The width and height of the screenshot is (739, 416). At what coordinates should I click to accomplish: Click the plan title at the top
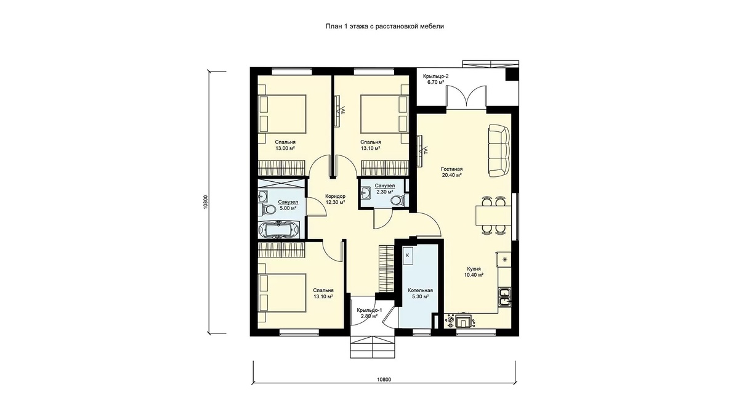(x=385, y=27)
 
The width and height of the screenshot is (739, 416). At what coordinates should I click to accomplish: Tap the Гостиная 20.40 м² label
(x=451, y=172)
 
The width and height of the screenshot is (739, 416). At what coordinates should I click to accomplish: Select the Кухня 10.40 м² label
(x=474, y=272)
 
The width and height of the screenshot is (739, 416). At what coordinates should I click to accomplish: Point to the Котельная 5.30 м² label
(x=420, y=293)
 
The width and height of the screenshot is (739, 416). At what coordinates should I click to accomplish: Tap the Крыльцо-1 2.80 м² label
(x=369, y=313)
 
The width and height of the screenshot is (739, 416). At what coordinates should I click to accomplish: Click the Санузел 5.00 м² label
(x=288, y=205)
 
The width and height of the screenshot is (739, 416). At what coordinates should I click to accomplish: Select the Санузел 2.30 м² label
(x=385, y=189)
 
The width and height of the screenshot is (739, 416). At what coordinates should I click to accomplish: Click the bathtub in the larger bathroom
(x=280, y=229)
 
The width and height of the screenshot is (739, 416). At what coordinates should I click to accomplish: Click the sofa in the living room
(x=499, y=150)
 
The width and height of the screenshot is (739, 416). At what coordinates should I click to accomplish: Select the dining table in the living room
(x=493, y=215)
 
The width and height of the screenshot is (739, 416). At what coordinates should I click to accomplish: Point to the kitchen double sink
(x=505, y=297)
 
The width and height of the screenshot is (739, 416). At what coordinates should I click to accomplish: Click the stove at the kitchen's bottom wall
(x=461, y=321)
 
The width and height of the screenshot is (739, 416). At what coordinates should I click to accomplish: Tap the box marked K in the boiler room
(x=408, y=256)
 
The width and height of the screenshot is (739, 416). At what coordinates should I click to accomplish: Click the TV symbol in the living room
(x=422, y=151)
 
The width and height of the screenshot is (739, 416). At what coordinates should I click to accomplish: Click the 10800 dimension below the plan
(x=384, y=380)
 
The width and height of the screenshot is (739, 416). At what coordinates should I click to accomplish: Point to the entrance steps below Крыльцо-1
(x=372, y=347)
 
